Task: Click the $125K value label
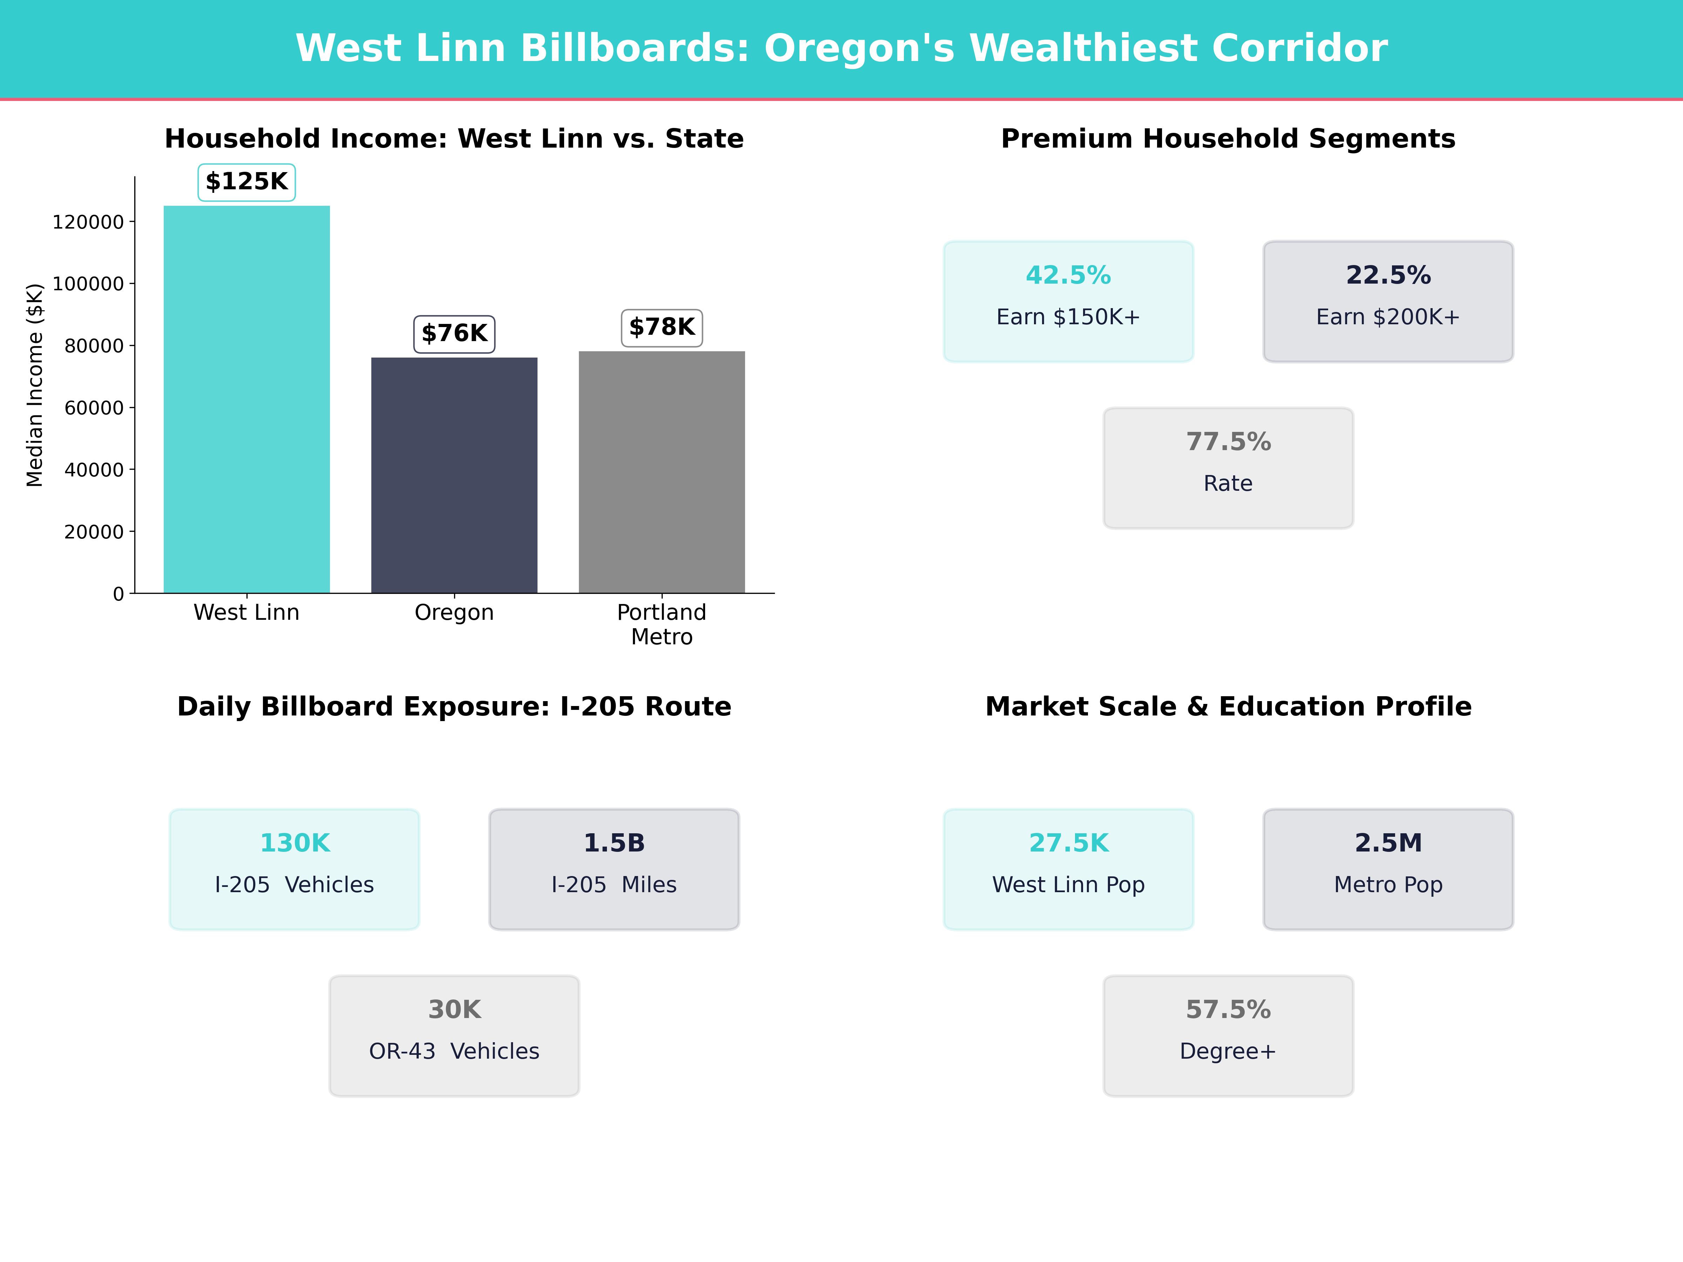pos(246,182)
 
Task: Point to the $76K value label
pos(454,334)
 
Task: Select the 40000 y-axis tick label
pos(94,470)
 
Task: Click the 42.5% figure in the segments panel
pos(1068,276)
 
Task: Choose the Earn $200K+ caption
pos(1388,317)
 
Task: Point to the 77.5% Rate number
pos(1228,442)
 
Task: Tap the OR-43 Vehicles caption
pos(454,1051)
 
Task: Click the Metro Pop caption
pos(1388,885)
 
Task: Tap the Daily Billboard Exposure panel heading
pos(454,707)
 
